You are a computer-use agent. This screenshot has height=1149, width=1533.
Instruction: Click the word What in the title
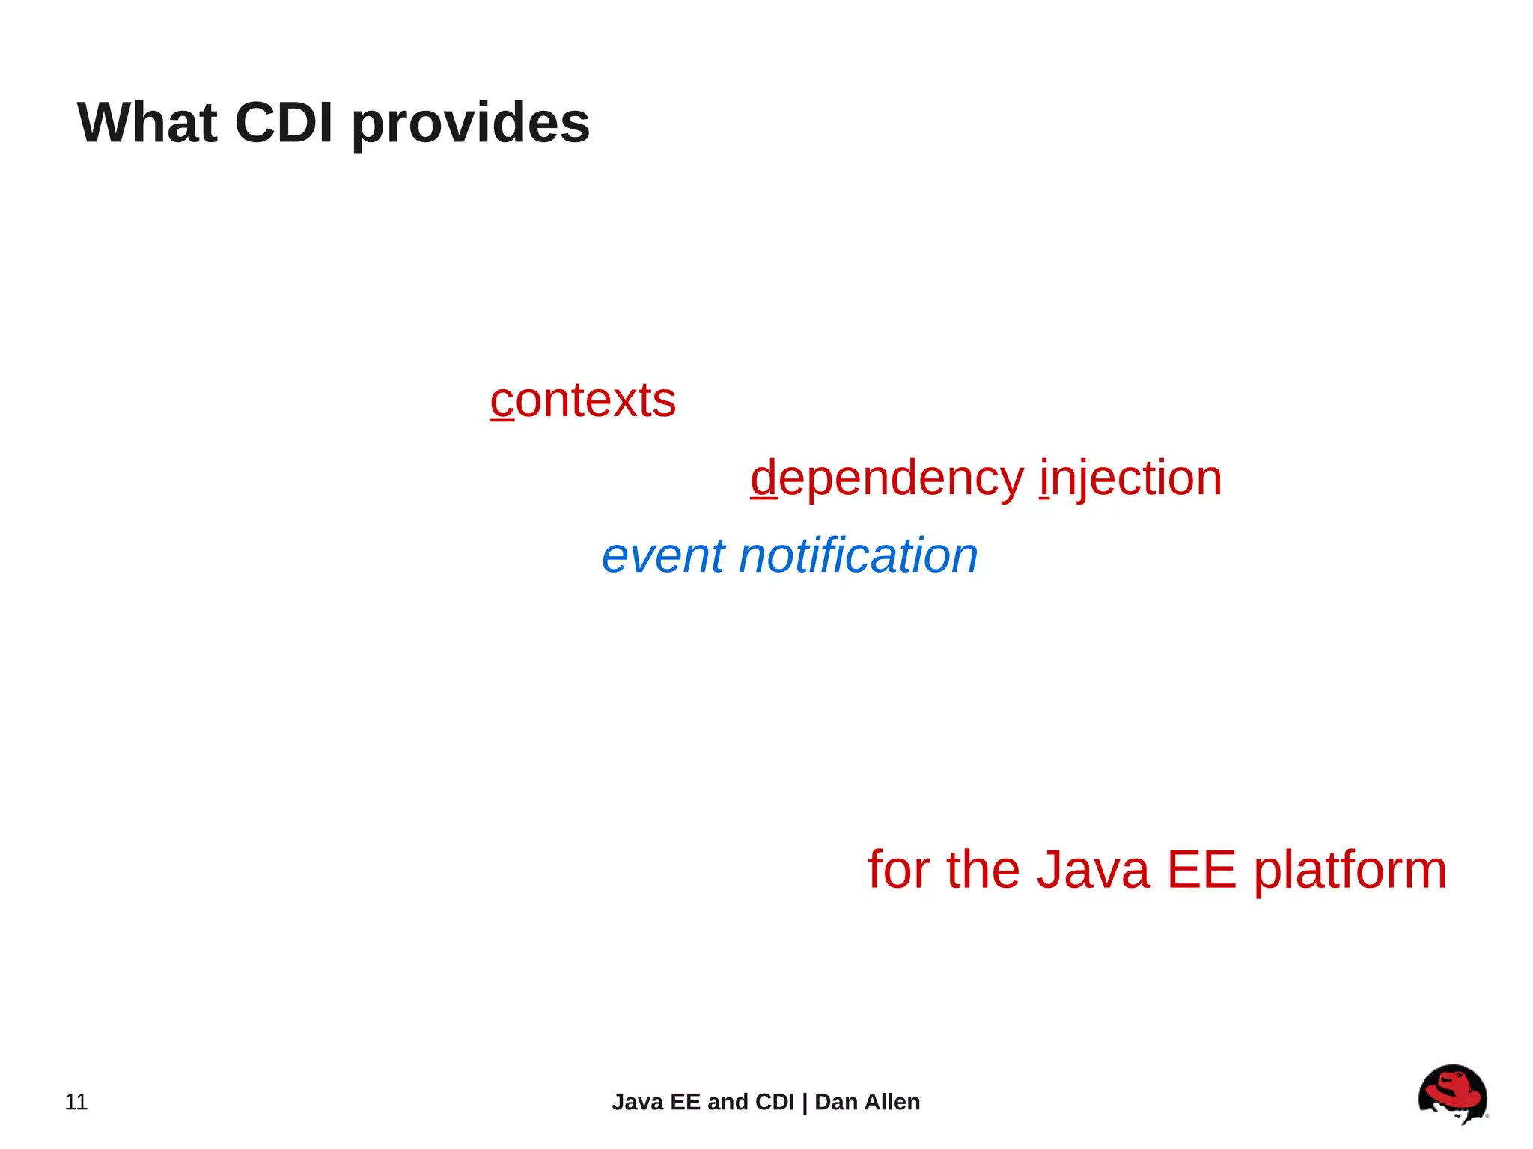tap(147, 123)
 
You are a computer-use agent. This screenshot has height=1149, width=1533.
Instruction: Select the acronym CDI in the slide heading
tap(284, 123)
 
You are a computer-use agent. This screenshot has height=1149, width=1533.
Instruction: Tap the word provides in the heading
tap(470, 124)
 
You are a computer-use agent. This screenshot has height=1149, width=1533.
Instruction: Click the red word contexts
tap(583, 400)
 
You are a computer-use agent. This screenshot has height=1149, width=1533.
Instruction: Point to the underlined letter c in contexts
tap(502, 402)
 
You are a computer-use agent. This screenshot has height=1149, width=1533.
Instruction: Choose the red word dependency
tap(887, 479)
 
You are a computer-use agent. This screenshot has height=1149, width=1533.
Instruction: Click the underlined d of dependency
tap(764, 478)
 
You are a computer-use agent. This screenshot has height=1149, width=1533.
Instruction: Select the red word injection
tap(1130, 479)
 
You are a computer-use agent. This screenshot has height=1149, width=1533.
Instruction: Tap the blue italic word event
tap(663, 556)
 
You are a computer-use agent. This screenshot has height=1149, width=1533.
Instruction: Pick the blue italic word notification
tap(858, 555)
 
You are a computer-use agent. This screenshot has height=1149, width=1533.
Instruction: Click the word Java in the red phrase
tap(1093, 870)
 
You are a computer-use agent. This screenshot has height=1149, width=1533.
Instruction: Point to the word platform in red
tap(1350, 871)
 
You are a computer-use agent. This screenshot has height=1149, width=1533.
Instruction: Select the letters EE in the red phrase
tap(1201, 870)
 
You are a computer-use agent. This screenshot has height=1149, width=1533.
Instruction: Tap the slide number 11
tap(76, 1102)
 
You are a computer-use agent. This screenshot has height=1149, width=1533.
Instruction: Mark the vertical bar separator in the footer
tap(805, 1103)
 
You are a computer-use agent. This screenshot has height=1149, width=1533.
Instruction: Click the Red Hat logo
tap(1452, 1094)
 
